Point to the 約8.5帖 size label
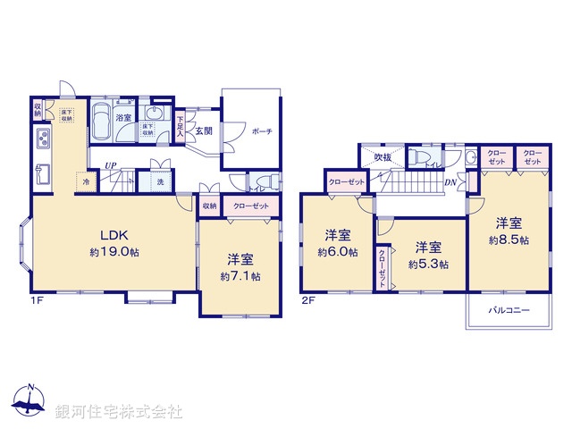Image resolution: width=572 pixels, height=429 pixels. coord(508,240)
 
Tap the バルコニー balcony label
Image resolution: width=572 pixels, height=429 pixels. coord(509,311)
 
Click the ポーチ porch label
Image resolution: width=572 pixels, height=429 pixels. coord(262,131)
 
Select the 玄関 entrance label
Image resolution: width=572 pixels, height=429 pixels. coord(204,130)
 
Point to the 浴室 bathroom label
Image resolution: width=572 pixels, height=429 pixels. coord(122,117)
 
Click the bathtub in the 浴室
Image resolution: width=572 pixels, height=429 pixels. coord(100,122)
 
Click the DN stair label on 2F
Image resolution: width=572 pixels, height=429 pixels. coord(451,182)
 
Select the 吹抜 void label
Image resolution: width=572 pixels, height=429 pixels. coord(383,158)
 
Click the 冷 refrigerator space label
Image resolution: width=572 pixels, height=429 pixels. coord(86,181)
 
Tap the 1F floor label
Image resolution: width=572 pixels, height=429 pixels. coord(36,301)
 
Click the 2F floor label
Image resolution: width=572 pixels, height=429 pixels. coord(308,301)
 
